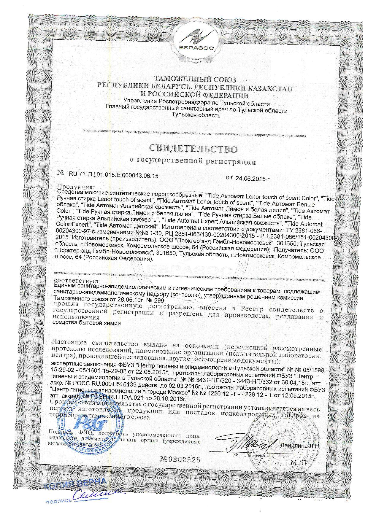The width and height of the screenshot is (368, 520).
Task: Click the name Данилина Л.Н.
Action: [300, 446]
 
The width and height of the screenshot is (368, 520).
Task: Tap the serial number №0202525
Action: [180, 459]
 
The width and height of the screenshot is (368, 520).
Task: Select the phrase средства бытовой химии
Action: [88, 323]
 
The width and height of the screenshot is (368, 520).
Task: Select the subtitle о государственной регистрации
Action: [193, 162]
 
